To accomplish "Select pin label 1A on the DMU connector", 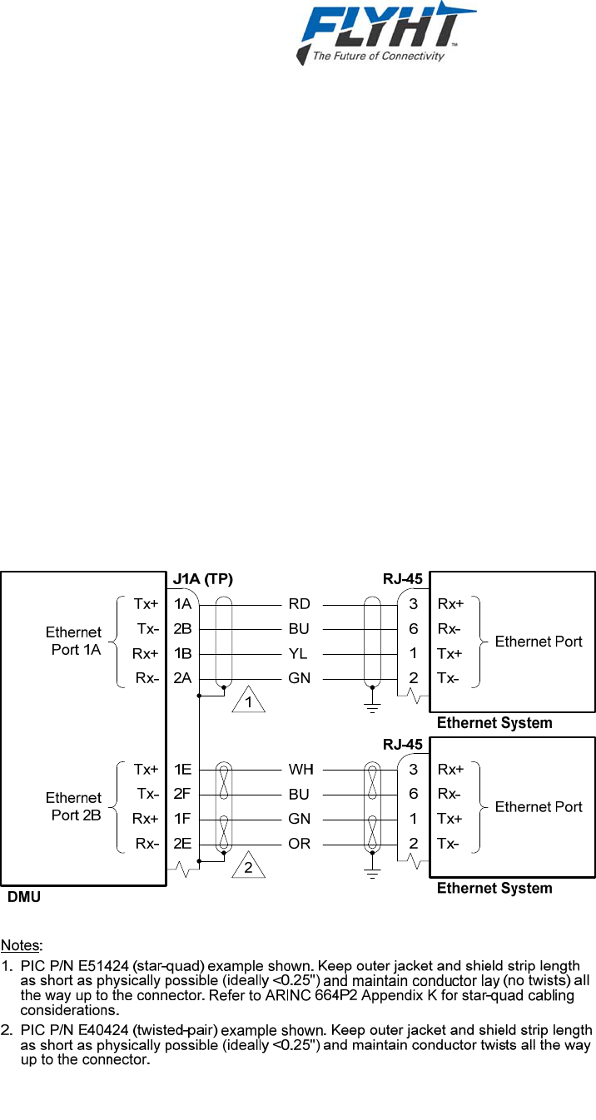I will (183, 604).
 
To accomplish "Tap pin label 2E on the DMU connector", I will (183, 843).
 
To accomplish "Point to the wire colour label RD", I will (299, 604).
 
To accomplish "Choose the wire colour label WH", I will (300, 769).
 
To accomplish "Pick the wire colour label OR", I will (300, 843).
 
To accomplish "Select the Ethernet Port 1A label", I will (74, 641).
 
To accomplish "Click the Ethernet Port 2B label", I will (74, 805).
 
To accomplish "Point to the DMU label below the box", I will (23, 898).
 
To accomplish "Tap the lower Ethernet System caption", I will (494, 889).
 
